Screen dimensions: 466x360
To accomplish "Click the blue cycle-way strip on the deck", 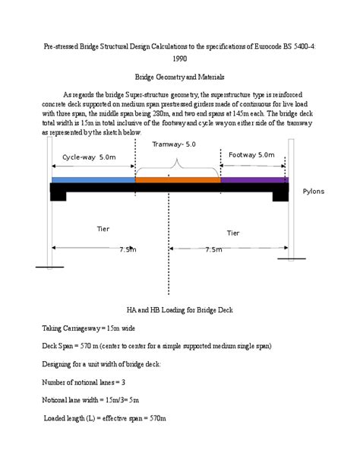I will tap(93, 180).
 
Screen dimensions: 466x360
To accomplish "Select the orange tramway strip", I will tap(178, 180).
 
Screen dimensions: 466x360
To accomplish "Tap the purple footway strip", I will tap(254, 180).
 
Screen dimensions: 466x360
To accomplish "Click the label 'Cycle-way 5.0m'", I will tap(89, 157).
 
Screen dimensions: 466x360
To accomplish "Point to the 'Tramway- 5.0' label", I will tap(174, 144).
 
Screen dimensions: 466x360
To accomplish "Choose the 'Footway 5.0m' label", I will tap(251, 154).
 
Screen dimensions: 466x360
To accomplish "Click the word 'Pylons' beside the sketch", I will tap(313, 192).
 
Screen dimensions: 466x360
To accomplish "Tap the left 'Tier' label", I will tap(103, 228).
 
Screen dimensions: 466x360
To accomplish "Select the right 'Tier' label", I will tap(234, 232).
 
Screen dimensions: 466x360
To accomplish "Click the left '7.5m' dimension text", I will tap(128, 249).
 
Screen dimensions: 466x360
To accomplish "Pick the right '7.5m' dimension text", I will tap(213, 249).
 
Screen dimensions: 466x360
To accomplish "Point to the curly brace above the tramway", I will tap(178, 163).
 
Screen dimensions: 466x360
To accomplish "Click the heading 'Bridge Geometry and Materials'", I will tap(179, 77).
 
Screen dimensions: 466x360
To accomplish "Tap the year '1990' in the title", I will tap(180, 58).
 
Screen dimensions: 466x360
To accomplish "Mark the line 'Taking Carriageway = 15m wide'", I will tap(88, 328).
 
